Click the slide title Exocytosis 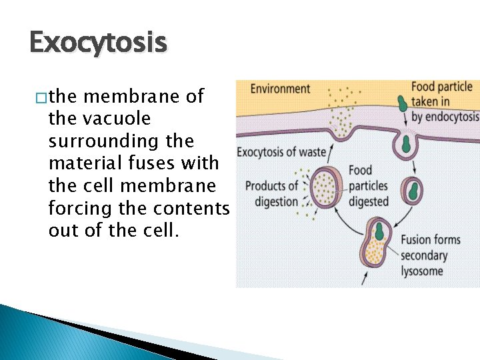pos(97,44)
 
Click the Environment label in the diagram pos(280,89)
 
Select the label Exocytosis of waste pos(281,153)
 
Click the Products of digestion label pos(271,193)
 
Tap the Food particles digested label pos(369,185)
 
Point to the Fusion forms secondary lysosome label pos(431,255)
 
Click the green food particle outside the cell pos(402,104)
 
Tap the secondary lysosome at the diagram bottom pos(378,244)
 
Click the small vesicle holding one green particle pos(414,191)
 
